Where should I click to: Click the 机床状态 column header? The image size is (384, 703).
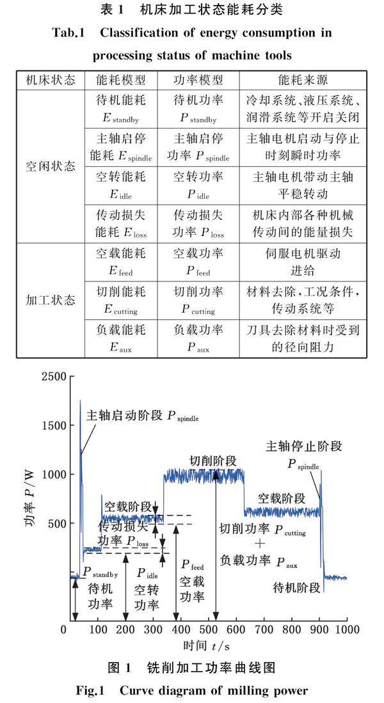tap(50, 81)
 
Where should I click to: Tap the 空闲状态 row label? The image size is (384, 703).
tap(50, 163)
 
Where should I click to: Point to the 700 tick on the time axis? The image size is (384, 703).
tap(263, 630)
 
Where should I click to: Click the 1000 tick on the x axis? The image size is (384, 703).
tap(346, 630)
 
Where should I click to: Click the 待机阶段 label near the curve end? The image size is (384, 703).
tap(296, 587)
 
